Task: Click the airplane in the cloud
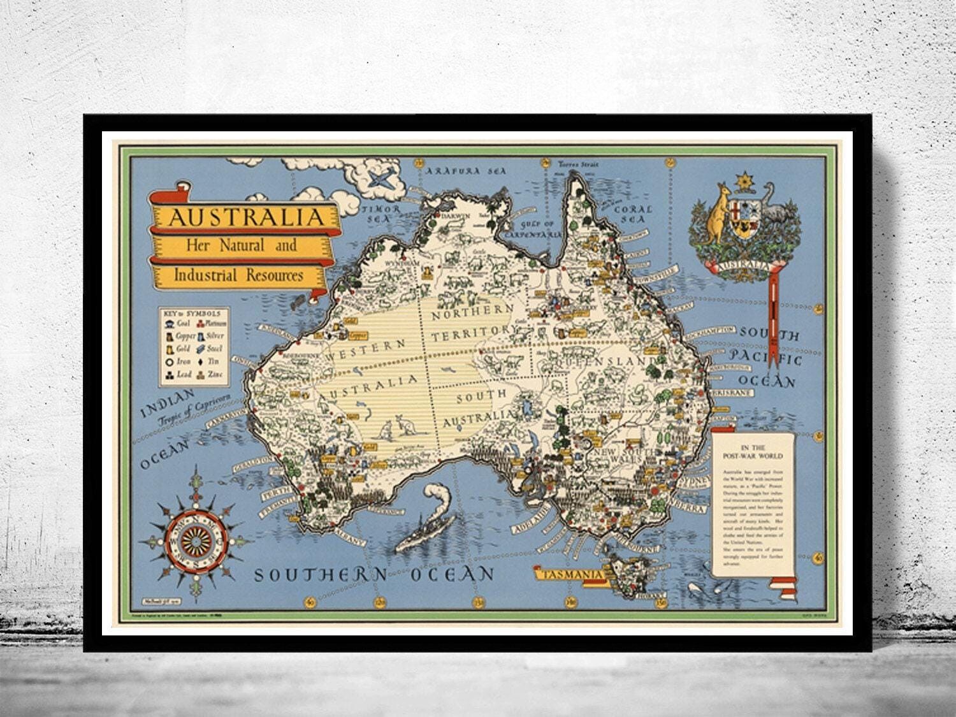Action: coord(380,178)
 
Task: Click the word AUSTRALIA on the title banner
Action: coord(245,217)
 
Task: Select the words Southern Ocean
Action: coord(374,574)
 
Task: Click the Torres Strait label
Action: coord(578,163)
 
